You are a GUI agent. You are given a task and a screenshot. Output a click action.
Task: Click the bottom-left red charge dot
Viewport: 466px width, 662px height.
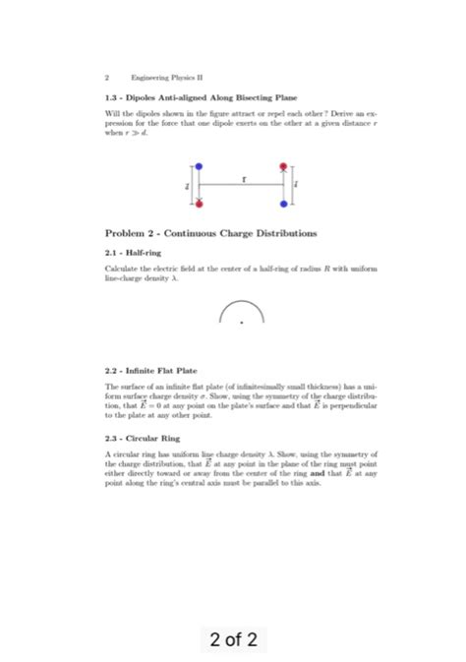pos(200,204)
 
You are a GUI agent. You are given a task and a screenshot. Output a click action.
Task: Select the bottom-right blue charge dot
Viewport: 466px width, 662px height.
pos(284,204)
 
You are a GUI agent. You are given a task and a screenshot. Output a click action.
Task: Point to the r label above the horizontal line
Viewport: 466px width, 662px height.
pos(242,178)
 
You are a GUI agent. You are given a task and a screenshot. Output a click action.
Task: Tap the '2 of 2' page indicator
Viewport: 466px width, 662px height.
pos(233,640)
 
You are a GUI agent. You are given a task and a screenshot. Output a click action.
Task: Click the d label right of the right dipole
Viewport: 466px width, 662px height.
pos(298,185)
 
